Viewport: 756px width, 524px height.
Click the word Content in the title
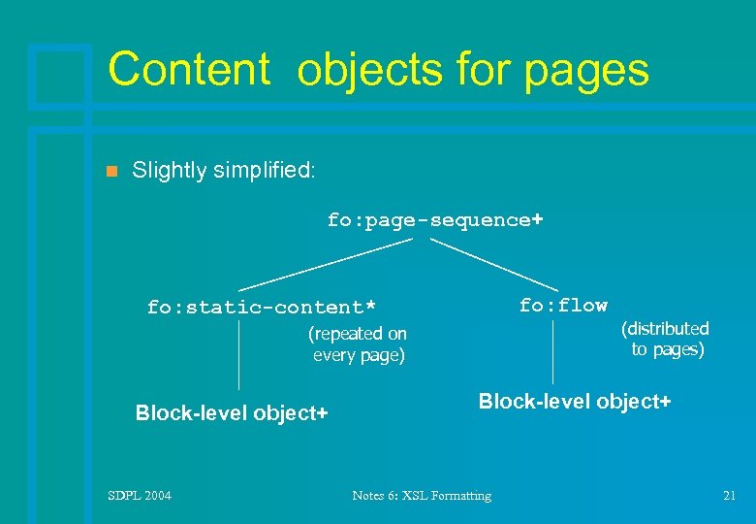click(x=188, y=70)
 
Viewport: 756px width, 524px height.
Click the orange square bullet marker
click(x=110, y=172)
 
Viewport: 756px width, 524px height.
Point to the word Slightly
click(x=170, y=171)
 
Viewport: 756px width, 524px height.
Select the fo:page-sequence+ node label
click(x=434, y=220)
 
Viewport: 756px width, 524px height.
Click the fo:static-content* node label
click(x=261, y=308)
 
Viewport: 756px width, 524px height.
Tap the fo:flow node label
click(x=563, y=306)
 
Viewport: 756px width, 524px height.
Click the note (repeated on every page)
click(x=358, y=344)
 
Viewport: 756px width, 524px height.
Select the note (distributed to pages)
click(x=666, y=340)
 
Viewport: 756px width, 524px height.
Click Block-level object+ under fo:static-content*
click(x=232, y=413)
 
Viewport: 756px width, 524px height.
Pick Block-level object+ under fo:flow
click(x=575, y=401)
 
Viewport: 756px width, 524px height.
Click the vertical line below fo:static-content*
click(x=239, y=356)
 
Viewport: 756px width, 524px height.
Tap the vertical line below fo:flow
click(x=553, y=351)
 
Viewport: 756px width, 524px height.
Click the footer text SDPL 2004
click(x=140, y=496)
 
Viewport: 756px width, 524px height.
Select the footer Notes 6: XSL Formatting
click(x=422, y=496)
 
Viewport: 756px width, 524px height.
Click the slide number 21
click(x=730, y=496)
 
